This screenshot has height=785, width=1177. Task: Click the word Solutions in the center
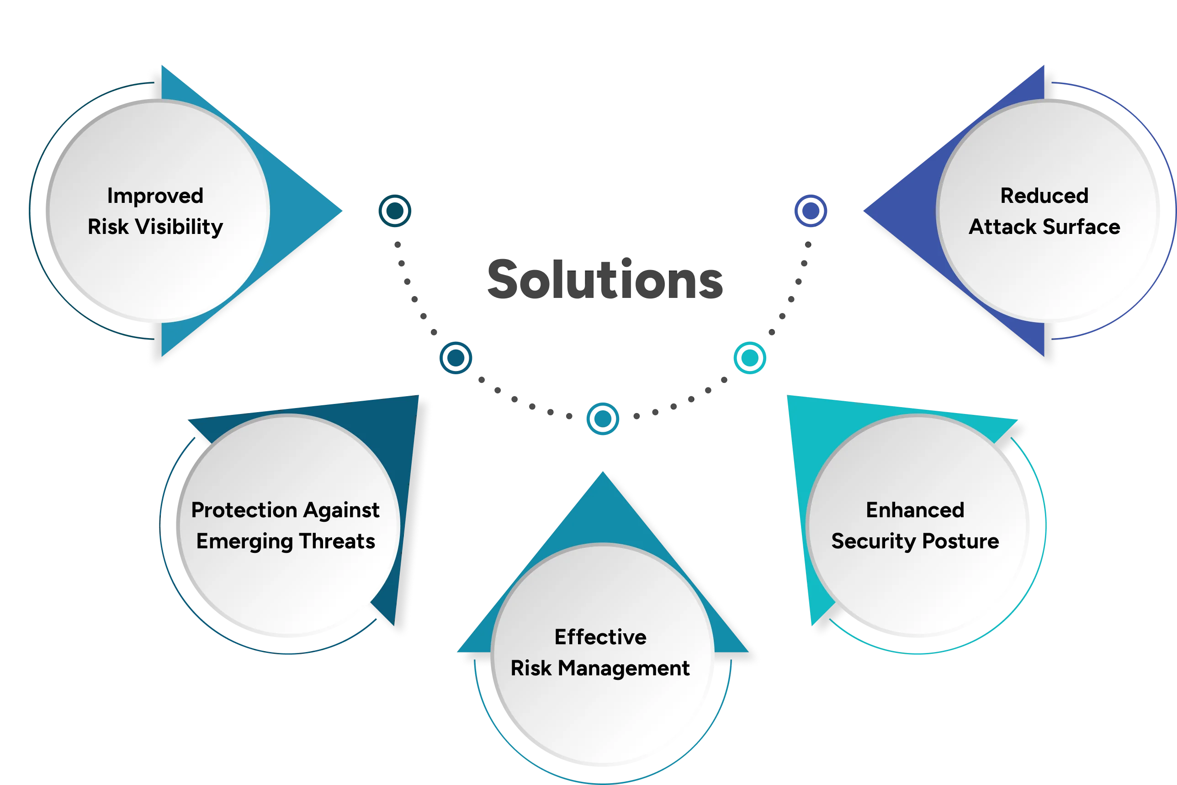click(604, 278)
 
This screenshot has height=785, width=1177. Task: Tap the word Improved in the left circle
click(155, 196)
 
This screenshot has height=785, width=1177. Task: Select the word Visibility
click(179, 227)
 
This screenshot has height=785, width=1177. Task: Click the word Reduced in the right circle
click(1044, 196)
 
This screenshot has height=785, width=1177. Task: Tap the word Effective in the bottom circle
click(600, 637)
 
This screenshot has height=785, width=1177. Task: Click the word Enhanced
click(915, 510)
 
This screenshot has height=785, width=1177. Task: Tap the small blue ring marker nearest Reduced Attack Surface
click(811, 211)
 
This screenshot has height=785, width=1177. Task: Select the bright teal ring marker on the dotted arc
click(749, 357)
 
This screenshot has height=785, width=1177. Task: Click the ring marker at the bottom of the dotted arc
click(603, 419)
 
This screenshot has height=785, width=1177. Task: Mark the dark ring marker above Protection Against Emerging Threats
click(456, 357)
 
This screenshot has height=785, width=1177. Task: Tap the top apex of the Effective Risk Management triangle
click(603, 473)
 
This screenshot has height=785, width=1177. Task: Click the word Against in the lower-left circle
click(341, 510)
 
